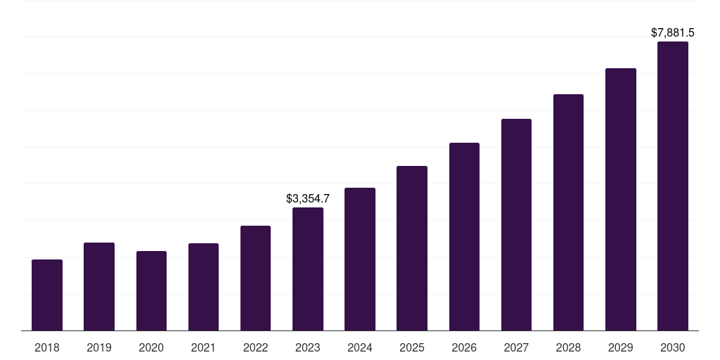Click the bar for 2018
[x=47, y=295]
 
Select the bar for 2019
[x=99, y=286]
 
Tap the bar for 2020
[x=151, y=290]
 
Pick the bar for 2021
[x=203, y=287]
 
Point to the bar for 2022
[x=255, y=278]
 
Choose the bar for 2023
[x=308, y=269]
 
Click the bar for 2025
[x=412, y=248]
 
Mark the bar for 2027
[x=516, y=224]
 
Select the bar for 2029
[x=621, y=199]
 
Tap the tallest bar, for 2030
[x=673, y=186]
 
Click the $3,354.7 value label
[x=308, y=199]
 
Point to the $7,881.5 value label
[x=673, y=33]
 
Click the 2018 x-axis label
[x=47, y=347]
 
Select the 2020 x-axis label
[x=151, y=347]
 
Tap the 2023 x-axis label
[x=308, y=347]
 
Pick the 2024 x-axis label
[x=360, y=347]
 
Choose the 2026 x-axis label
[x=464, y=347]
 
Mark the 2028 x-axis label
[x=568, y=347]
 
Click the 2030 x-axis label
[x=673, y=347]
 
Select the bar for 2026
[x=464, y=236]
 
